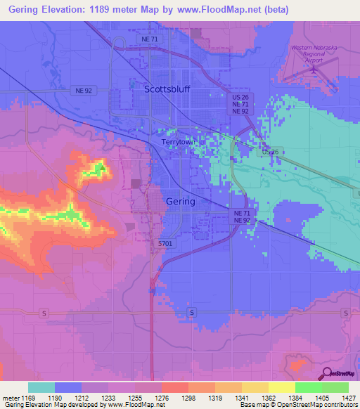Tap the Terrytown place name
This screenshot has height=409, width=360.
[x=178, y=142]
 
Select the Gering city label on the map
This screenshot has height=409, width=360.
[x=181, y=201]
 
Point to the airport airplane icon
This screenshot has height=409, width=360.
[x=311, y=70]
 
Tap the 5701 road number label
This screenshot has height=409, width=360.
[x=165, y=243]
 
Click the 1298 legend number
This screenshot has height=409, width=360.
[x=189, y=398]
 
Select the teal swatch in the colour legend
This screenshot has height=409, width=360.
[x=41, y=387]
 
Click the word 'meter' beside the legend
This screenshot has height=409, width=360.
[x=11, y=398]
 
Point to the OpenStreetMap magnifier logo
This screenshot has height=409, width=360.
[x=326, y=374]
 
